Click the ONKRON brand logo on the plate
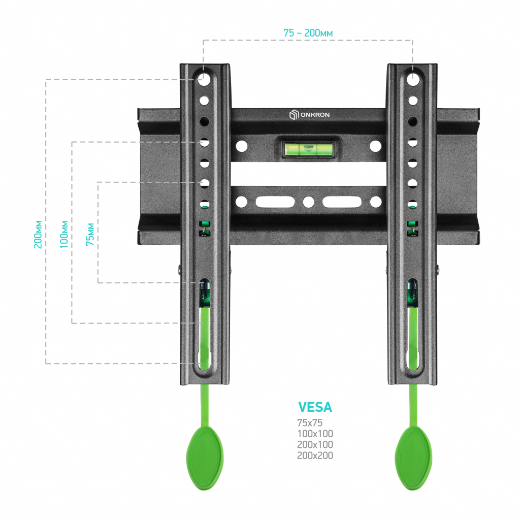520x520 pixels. coord(309,115)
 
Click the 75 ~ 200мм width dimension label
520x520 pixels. coord(308,33)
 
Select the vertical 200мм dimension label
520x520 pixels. coord(38,234)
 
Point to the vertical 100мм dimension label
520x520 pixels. coord(64,234)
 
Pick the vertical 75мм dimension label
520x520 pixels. coord(90,234)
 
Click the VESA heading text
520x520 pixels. coord(315,407)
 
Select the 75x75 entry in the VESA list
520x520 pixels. coord(310,423)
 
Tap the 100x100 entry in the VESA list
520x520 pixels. coord(315,434)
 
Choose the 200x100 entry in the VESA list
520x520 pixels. coord(315,445)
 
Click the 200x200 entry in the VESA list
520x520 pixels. coord(315,456)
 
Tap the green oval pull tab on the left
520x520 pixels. coord(205,458)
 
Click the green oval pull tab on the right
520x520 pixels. coord(413,458)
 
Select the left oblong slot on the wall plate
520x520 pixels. coord(275,202)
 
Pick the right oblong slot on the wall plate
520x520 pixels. coord(342,202)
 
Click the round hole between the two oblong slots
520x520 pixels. coord(308,202)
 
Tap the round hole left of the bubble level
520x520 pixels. coord(241,146)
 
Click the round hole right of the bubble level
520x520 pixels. coord(375,146)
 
